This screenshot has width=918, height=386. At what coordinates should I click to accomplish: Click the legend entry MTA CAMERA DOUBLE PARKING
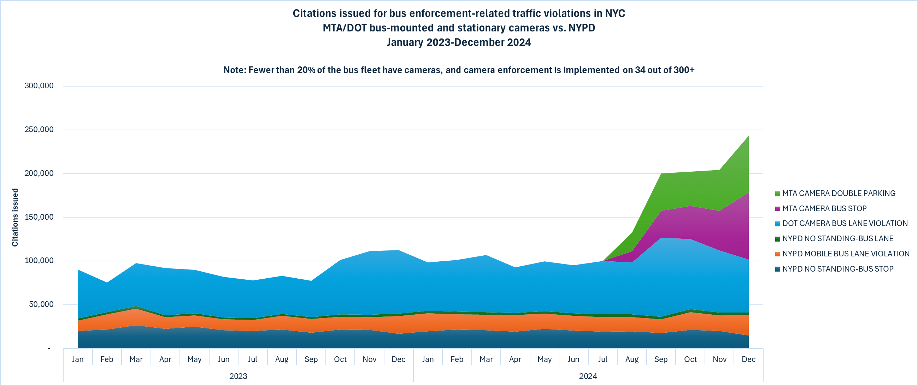(x=838, y=194)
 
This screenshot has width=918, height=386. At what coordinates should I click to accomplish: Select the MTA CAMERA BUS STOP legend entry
(x=824, y=208)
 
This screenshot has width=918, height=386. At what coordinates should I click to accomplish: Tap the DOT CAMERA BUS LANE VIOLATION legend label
(x=845, y=224)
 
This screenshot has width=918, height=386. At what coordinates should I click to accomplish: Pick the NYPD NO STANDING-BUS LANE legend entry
(x=838, y=239)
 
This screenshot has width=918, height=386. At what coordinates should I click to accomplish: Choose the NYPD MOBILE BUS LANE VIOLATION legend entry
(x=846, y=254)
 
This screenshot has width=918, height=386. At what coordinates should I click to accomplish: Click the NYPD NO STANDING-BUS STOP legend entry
(x=838, y=269)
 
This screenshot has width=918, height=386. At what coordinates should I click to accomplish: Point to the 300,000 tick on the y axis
(x=39, y=86)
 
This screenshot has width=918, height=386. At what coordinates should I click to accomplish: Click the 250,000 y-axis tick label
(x=39, y=130)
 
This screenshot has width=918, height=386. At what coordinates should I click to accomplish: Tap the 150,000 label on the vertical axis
(x=39, y=217)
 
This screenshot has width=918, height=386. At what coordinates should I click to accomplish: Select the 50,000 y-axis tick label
(x=41, y=304)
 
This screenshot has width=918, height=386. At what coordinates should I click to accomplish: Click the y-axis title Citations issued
(x=15, y=217)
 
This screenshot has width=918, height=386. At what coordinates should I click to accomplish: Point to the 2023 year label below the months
(x=238, y=376)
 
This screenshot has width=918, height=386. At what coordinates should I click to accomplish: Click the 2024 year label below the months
(x=588, y=376)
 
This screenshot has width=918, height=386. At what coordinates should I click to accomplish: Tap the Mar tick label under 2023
(x=136, y=359)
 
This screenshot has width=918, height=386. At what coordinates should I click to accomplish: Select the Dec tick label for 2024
(x=748, y=359)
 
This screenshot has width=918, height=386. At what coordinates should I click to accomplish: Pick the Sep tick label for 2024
(x=661, y=359)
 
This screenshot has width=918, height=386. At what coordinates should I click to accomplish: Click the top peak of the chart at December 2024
(x=748, y=136)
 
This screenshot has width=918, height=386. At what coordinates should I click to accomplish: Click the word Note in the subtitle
(x=234, y=70)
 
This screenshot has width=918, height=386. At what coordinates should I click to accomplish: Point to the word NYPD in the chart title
(x=582, y=28)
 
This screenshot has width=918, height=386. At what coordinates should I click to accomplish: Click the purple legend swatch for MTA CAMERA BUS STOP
(x=778, y=209)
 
